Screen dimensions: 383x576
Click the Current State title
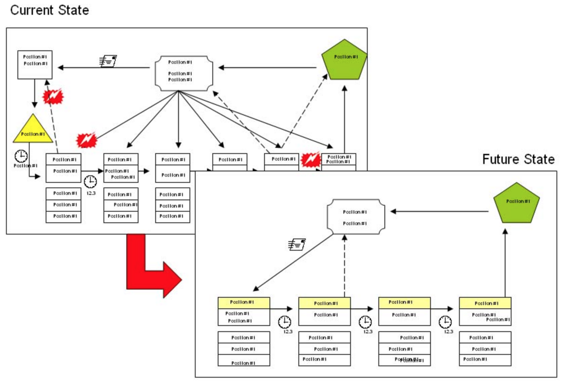click(x=49, y=10)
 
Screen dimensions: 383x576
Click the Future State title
click(x=518, y=159)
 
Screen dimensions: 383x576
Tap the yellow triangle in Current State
click(x=33, y=130)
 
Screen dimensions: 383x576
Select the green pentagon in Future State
click(x=516, y=204)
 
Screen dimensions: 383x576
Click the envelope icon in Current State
click(x=108, y=61)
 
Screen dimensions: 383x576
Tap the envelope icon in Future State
click(x=297, y=244)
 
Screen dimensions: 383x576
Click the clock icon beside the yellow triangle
click(x=21, y=156)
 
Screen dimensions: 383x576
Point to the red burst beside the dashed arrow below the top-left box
click(x=53, y=96)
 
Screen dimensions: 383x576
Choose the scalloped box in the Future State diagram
click(x=355, y=217)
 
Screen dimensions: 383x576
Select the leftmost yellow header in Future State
click(x=243, y=302)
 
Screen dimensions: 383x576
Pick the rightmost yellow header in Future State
click(x=485, y=303)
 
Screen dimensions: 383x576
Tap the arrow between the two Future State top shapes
click(x=439, y=212)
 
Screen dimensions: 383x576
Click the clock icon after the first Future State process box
click(x=284, y=322)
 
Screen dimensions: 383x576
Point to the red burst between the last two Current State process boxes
click(x=310, y=160)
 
